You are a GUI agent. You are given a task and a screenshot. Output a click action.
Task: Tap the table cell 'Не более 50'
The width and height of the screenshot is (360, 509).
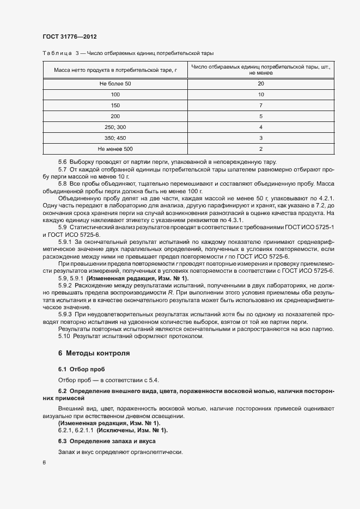(115, 84)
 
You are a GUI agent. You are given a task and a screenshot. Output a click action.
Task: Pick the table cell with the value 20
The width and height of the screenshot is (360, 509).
(261, 84)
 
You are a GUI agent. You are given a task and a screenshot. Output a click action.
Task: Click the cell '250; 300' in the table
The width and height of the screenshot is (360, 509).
(115, 127)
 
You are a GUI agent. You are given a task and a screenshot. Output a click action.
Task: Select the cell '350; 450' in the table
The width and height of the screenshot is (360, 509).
(115, 138)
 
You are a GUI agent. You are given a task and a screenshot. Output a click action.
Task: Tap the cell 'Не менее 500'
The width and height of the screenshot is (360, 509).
(115, 149)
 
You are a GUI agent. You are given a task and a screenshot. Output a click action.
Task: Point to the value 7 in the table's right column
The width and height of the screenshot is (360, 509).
(261, 105)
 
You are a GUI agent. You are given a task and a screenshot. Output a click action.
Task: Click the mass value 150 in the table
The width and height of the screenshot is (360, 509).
(115, 105)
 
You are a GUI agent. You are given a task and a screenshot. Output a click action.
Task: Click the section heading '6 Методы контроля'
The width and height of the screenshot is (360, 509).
(94, 353)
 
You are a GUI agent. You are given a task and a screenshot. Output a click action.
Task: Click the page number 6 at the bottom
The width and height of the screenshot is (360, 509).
(44, 463)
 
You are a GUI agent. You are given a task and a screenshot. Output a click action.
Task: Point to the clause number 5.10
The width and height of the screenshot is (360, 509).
(65, 336)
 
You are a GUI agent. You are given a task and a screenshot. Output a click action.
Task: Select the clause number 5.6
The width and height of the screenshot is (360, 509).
(63, 162)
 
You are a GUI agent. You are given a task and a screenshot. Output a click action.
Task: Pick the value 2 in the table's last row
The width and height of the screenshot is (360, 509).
(261, 149)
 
